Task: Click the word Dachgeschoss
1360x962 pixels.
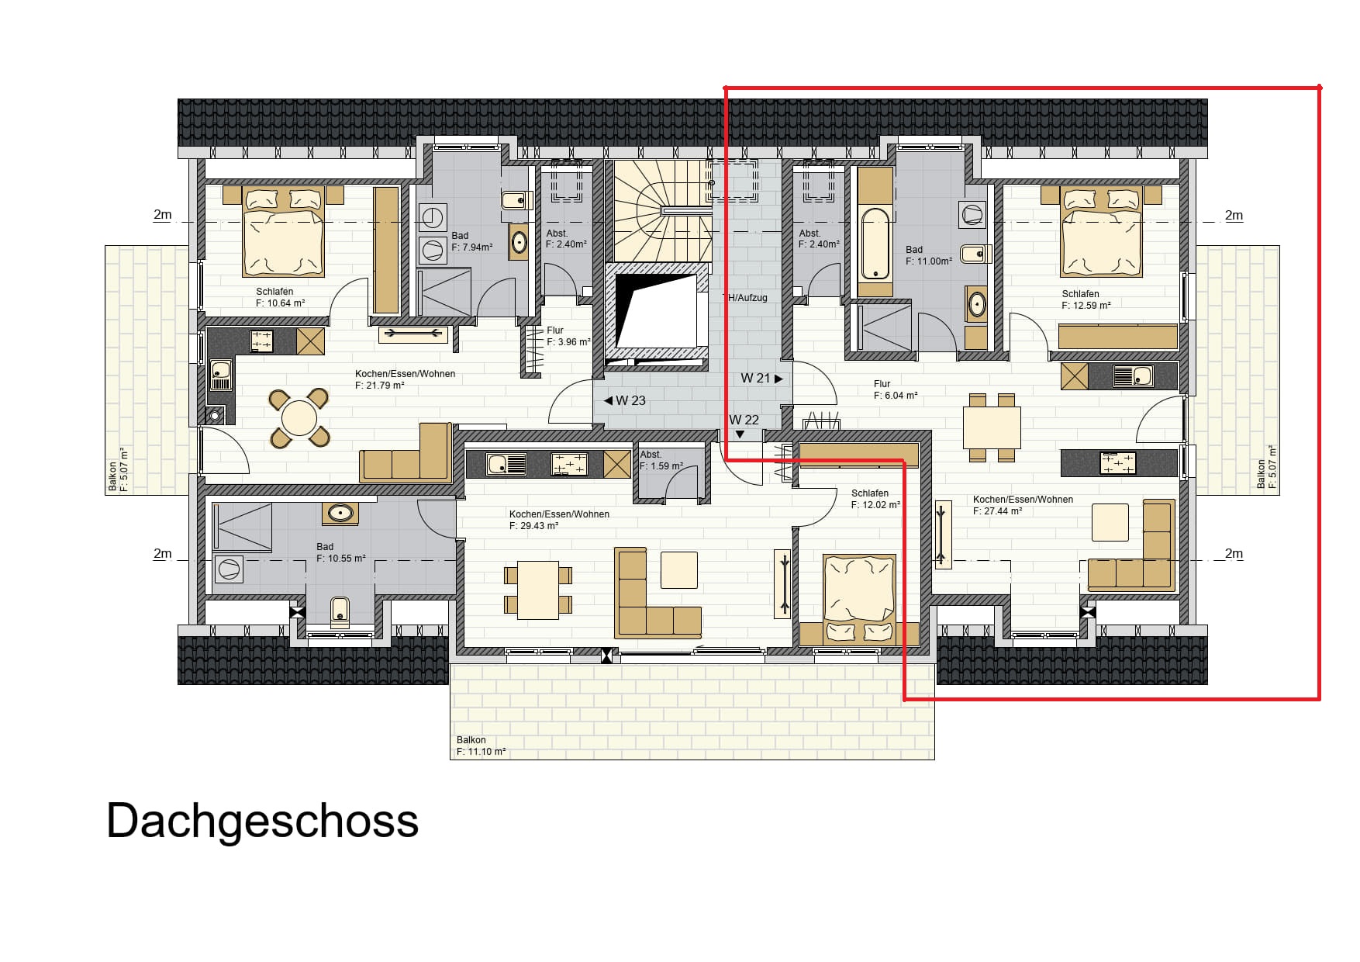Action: pyautogui.click(x=262, y=821)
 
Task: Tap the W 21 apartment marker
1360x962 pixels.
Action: pyautogui.click(x=762, y=379)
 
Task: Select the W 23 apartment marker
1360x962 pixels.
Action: pyautogui.click(x=624, y=400)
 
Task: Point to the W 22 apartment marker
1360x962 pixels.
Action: pyautogui.click(x=744, y=425)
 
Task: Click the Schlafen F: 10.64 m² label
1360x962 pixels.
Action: pyautogui.click(x=280, y=297)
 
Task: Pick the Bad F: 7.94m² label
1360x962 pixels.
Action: pyautogui.click(x=471, y=241)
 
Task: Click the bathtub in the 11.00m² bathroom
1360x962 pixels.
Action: pyautogui.click(x=875, y=243)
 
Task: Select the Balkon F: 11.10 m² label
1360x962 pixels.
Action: pyautogui.click(x=481, y=746)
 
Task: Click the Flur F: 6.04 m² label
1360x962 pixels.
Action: pyautogui.click(x=896, y=389)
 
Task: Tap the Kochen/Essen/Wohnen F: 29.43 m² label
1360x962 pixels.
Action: pyautogui.click(x=559, y=520)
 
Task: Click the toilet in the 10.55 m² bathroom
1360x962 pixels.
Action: pyautogui.click(x=340, y=611)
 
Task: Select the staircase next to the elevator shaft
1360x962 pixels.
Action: pyautogui.click(x=663, y=211)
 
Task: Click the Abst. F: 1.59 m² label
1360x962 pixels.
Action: pyautogui.click(x=661, y=460)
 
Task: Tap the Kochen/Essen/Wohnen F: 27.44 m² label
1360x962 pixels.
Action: pyautogui.click(x=1023, y=505)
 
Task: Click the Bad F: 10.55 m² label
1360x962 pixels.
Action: pyautogui.click(x=340, y=552)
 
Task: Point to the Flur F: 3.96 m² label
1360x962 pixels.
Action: pyautogui.click(x=568, y=336)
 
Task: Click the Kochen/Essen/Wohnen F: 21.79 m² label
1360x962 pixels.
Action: pyautogui.click(x=405, y=379)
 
